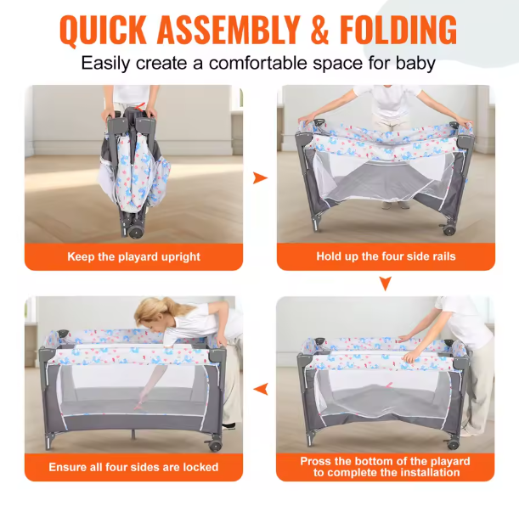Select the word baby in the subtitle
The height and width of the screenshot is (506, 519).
(x=415, y=63)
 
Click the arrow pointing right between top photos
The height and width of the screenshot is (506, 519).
(x=260, y=178)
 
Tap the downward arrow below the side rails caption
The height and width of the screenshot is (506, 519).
(x=386, y=284)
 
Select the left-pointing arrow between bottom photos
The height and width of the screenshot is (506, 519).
(x=261, y=389)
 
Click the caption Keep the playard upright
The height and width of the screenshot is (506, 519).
(x=133, y=256)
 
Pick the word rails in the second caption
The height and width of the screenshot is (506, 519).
(x=444, y=256)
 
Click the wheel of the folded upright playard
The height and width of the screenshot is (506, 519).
(x=135, y=232)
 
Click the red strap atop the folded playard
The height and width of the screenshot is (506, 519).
(x=140, y=107)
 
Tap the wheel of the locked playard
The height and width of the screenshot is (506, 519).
(x=215, y=446)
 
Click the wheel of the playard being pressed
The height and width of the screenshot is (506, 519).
(x=452, y=444)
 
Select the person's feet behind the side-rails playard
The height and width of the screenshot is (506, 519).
(x=395, y=205)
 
